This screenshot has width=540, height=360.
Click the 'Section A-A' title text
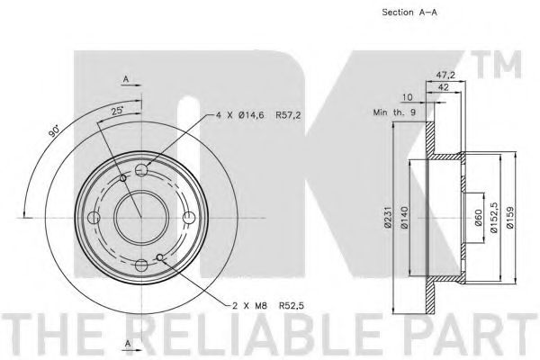tap(409, 13)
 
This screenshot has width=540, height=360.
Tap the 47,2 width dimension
tap(445, 75)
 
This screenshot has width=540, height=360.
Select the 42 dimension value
tap(443, 87)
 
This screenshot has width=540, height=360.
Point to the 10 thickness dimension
tap(407, 97)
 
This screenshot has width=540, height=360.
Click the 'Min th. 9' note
tap(394, 112)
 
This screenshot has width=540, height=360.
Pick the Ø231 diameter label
tap(389, 218)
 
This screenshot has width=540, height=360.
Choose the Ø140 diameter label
tap(405, 218)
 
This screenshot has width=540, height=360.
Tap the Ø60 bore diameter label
tap(478, 218)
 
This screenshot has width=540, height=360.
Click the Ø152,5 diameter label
tap(494, 218)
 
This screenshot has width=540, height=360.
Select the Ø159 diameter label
tap(510, 218)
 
